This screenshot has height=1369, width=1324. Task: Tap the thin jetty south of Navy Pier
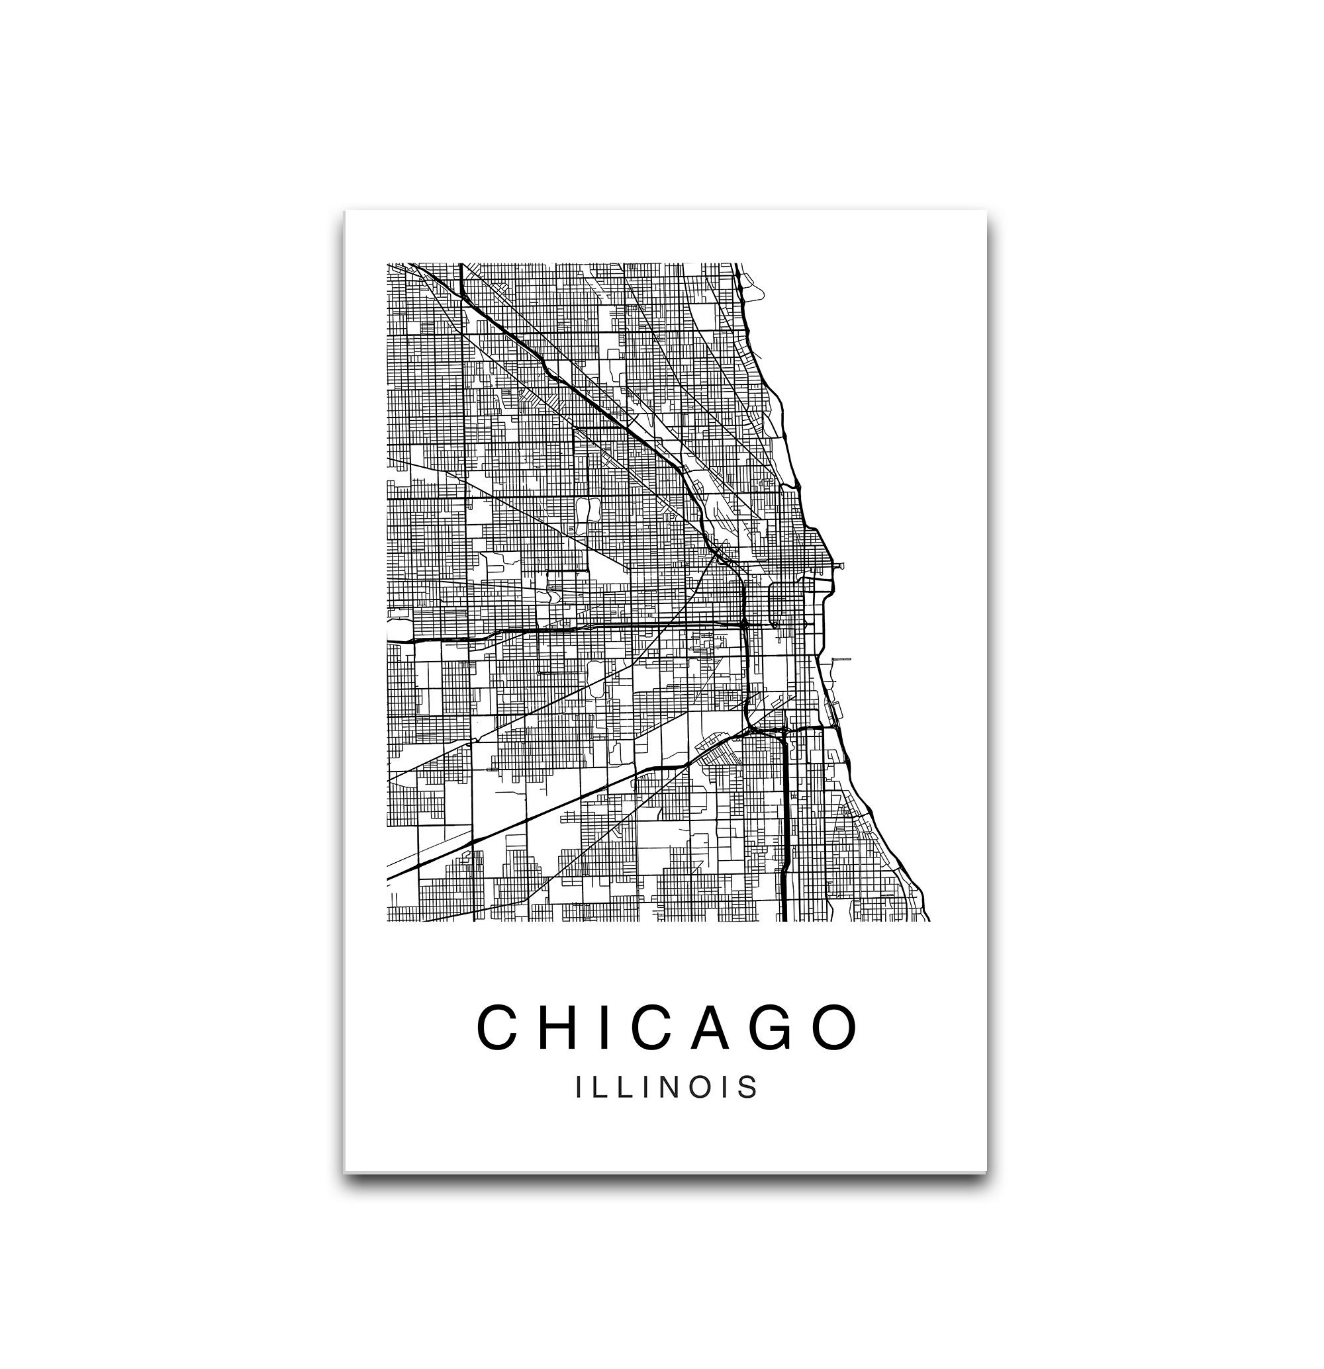click(x=841, y=658)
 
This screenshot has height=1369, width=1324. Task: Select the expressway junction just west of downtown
click(x=745, y=621)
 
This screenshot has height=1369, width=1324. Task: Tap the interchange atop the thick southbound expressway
click(x=782, y=730)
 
